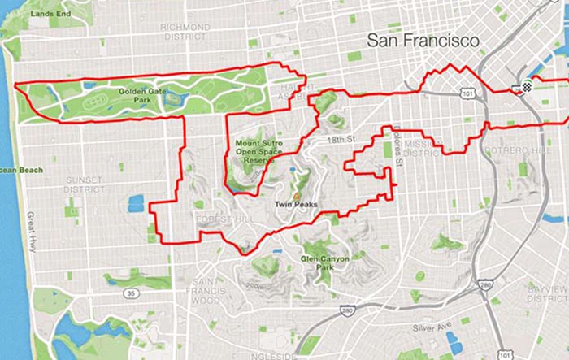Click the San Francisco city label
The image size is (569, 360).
[x=422, y=39]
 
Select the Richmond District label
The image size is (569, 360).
[x=186, y=32]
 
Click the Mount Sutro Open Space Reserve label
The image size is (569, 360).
[x=256, y=152]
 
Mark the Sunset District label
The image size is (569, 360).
[x=85, y=180]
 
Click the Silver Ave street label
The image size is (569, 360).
[x=430, y=327]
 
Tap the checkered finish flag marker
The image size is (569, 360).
[x=526, y=87]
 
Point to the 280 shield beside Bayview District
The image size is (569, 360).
[x=485, y=285]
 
